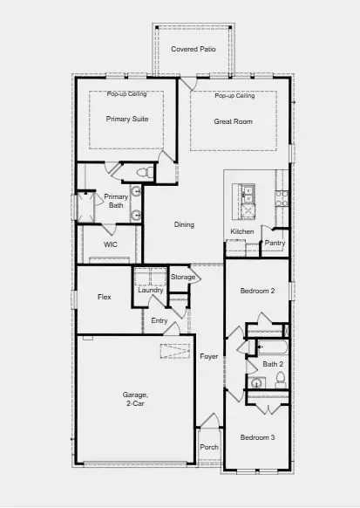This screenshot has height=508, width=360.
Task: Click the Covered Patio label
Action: pyautogui.click(x=194, y=49)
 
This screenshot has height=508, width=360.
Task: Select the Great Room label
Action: pyautogui.click(x=234, y=121)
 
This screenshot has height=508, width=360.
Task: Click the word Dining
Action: pyautogui.click(x=184, y=225)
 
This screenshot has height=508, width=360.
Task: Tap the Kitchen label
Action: pyautogui.click(x=241, y=231)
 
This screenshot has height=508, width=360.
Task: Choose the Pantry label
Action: pyautogui.click(x=275, y=243)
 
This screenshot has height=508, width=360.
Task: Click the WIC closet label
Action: pyautogui.click(x=111, y=245)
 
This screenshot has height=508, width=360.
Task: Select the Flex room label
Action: pyautogui.click(x=104, y=298)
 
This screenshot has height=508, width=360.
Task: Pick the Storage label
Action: pyautogui.click(x=183, y=278)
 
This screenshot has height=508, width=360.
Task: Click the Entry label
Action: pyautogui.click(x=159, y=321)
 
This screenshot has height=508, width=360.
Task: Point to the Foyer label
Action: pyautogui.click(x=209, y=356)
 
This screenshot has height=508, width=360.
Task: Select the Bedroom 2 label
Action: pyautogui.click(x=258, y=291)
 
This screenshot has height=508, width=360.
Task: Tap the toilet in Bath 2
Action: pyautogui.click(x=281, y=380)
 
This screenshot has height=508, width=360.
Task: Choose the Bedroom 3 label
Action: pyautogui.click(x=258, y=436)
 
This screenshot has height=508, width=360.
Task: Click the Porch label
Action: pyautogui.click(x=209, y=447)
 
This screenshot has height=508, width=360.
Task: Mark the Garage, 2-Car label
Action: pyautogui.click(x=134, y=401)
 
